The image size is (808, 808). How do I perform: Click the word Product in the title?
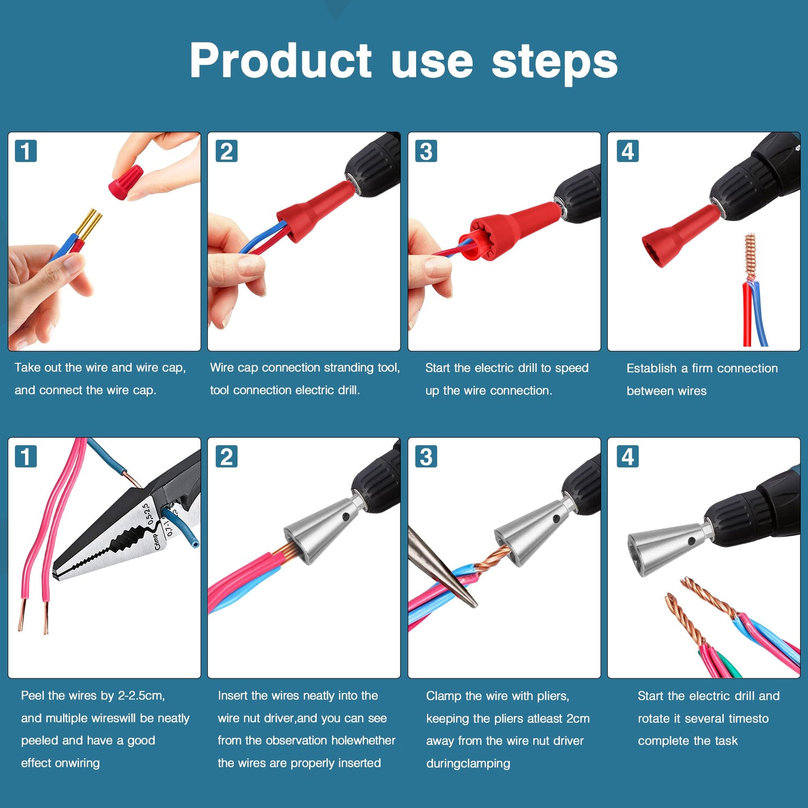280,61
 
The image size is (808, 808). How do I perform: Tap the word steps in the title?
554,61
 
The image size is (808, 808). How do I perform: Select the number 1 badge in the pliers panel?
26,456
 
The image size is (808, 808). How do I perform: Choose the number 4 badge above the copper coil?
627,151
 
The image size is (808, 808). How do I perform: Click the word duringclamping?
468,763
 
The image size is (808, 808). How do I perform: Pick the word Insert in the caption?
232,696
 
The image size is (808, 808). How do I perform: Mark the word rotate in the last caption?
654,719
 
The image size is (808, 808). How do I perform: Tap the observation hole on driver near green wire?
692,541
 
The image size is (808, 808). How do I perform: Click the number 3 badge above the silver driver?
426,456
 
